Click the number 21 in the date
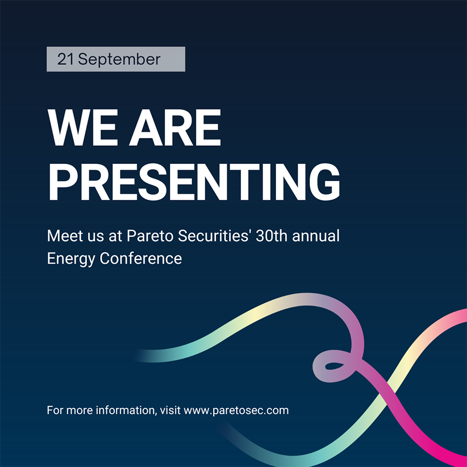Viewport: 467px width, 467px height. tap(66, 59)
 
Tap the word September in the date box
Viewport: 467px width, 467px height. tap(119, 60)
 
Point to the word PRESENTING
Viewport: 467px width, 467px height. tap(194, 182)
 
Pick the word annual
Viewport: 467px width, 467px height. tap(316, 236)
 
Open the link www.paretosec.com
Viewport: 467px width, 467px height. tap(236, 410)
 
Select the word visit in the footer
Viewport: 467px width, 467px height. tap(170, 410)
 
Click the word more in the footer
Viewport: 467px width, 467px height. tap(77, 410)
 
